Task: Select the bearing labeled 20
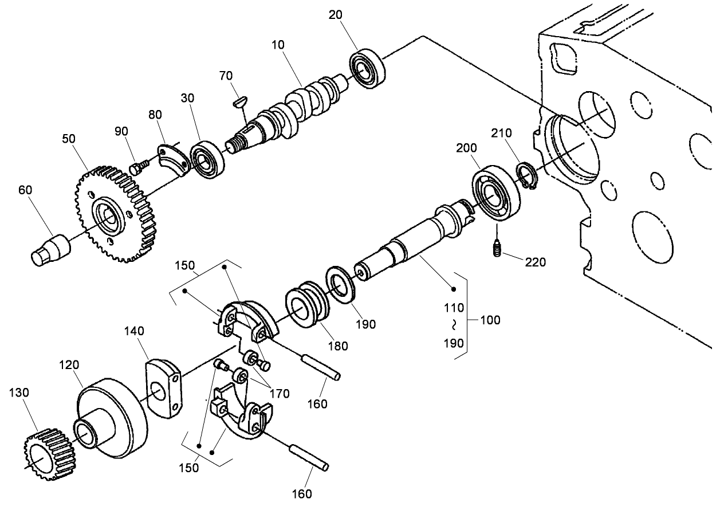367,68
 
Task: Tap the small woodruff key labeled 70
240,101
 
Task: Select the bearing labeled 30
207,159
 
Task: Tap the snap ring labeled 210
527,176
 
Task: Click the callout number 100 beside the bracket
490,320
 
